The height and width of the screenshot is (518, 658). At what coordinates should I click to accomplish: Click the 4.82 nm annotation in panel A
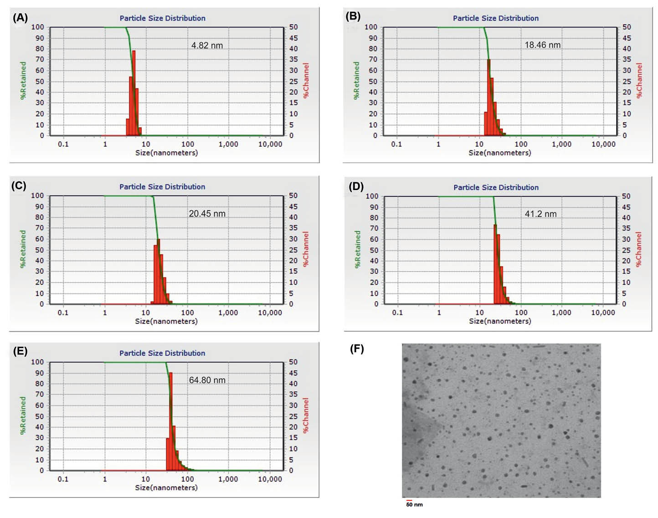coord(207,46)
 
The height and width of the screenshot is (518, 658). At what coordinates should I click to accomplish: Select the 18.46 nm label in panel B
coord(542,45)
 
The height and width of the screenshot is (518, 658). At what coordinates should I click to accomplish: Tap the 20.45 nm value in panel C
coord(207,214)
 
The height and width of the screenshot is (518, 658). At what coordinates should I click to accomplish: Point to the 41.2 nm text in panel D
coord(540,214)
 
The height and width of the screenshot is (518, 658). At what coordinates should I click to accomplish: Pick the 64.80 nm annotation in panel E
coord(207,380)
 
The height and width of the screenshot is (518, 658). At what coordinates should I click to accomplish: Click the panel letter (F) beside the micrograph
coord(357,349)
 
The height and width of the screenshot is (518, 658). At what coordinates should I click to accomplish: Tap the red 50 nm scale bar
coord(409,501)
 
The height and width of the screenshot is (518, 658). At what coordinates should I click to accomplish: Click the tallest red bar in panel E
coord(170,419)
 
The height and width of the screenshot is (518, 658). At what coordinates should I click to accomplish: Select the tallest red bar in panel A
coord(134,91)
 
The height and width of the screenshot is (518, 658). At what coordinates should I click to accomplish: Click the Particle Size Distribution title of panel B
coord(495,18)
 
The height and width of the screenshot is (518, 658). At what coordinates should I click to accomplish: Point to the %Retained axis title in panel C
coord(23,249)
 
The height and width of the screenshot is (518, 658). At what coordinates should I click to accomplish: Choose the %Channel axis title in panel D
coord(638,249)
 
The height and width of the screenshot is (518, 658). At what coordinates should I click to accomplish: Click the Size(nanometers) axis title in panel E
coord(166,487)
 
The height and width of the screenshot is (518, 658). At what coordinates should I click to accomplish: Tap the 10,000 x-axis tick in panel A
coord(270,144)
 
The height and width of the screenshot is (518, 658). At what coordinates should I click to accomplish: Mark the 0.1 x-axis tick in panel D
coord(397,313)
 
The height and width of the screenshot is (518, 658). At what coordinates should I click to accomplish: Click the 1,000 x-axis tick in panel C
coord(228,313)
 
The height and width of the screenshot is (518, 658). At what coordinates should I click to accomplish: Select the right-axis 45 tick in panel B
coord(627,38)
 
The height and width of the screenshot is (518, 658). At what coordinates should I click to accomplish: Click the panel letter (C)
coord(19,186)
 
